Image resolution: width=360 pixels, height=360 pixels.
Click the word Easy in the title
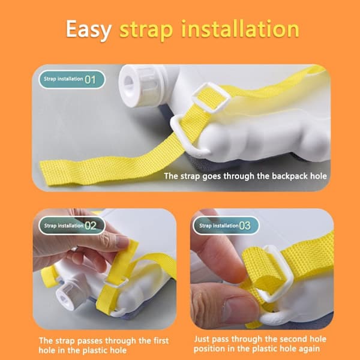(x=88, y=30)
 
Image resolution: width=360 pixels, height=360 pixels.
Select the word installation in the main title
(x=241, y=29)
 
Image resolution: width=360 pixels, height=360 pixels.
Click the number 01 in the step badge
(x=90, y=80)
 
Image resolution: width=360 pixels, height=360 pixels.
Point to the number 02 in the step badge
(x=91, y=226)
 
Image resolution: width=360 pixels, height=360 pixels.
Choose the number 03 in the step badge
(x=245, y=226)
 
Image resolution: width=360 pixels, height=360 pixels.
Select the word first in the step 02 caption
(x=161, y=340)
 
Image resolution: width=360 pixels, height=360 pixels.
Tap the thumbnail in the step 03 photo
(x=239, y=307)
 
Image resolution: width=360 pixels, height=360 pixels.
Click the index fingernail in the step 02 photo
(x=123, y=242)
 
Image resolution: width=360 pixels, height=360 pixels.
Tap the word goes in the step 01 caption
(x=212, y=176)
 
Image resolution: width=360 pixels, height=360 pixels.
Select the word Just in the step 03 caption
(x=202, y=339)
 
